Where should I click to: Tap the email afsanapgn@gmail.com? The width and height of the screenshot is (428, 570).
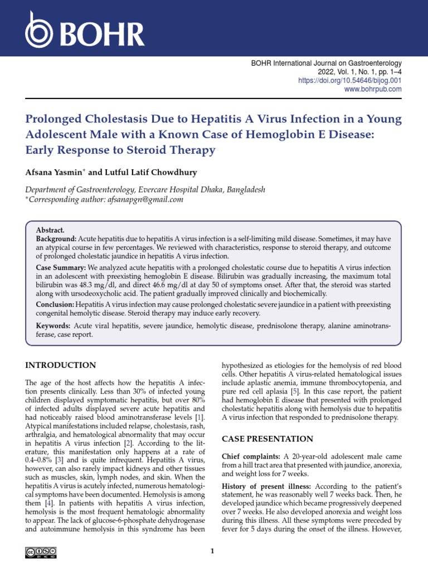[144, 199]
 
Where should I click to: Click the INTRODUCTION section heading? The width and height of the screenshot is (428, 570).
[61, 365]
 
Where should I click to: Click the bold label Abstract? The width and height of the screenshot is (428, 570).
[50, 230]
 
